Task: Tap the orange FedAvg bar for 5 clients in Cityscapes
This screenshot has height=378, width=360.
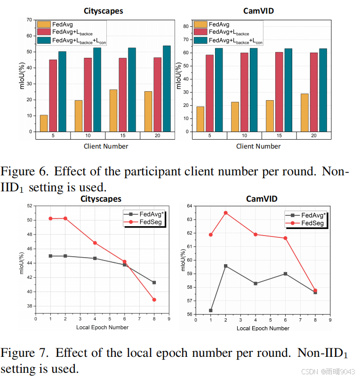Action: pyautogui.click(x=44, y=123)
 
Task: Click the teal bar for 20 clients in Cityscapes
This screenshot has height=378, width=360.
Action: pyautogui.click(x=167, y=88)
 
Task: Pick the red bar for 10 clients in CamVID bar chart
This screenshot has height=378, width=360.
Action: pyautogui.click(x=244, y=92)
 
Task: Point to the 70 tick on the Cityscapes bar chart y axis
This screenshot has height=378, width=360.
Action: pyautogui.click(x=29, y=20)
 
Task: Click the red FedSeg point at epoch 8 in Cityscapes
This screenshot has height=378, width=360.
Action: pyautogui.click(x=154, y=299)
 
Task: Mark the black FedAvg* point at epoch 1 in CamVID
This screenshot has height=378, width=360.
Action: pyautogui.click(x=210, y=310)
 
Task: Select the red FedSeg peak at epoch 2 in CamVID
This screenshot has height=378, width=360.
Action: pyautogui.click(x=225, y=213)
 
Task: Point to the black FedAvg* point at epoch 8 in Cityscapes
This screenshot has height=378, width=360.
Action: pyautogui.click(x=154, y=283)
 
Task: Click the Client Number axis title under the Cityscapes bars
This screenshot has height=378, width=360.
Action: pyautogui.click(x=106, y=146)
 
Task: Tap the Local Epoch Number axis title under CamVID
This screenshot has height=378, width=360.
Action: pyautogui.click(x=263, y=328)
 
